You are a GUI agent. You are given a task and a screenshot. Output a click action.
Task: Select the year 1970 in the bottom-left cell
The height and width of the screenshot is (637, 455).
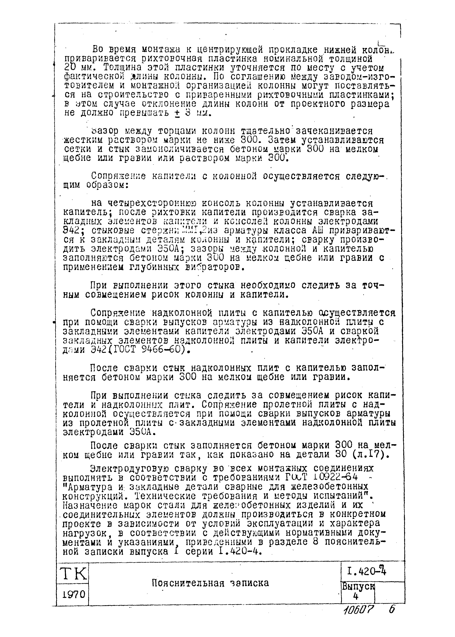[x=72, y=594]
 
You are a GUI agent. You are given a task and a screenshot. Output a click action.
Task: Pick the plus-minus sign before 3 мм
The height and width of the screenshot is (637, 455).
[x=177, y=114]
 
